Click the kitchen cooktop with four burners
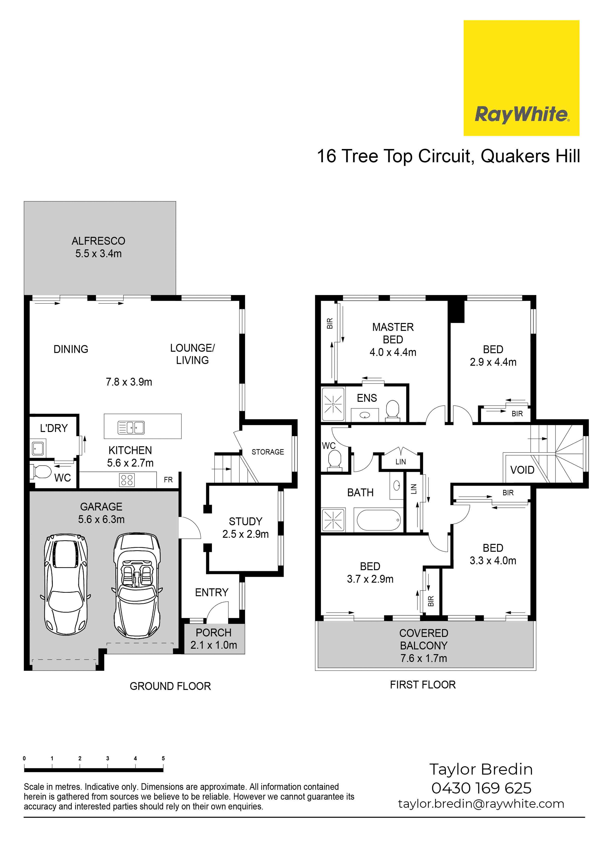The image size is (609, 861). pyautogui.click(x=127, y=480)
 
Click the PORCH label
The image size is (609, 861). pyautogui.click(x=213, y=633)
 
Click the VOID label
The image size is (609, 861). pyautogui.click(x=522, y=470)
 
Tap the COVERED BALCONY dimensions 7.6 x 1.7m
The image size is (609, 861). pyautogui.click(x=424, y=658)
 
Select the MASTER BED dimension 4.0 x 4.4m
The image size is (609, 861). pyautogui.click(x=393, y=352)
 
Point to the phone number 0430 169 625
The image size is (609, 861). pyautogui.click(x=481, y=788)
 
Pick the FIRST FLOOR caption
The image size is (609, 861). pyautogui.click(x=423, y=685)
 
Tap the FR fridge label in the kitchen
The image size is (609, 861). pyautogui.click(x=168, y=480)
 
